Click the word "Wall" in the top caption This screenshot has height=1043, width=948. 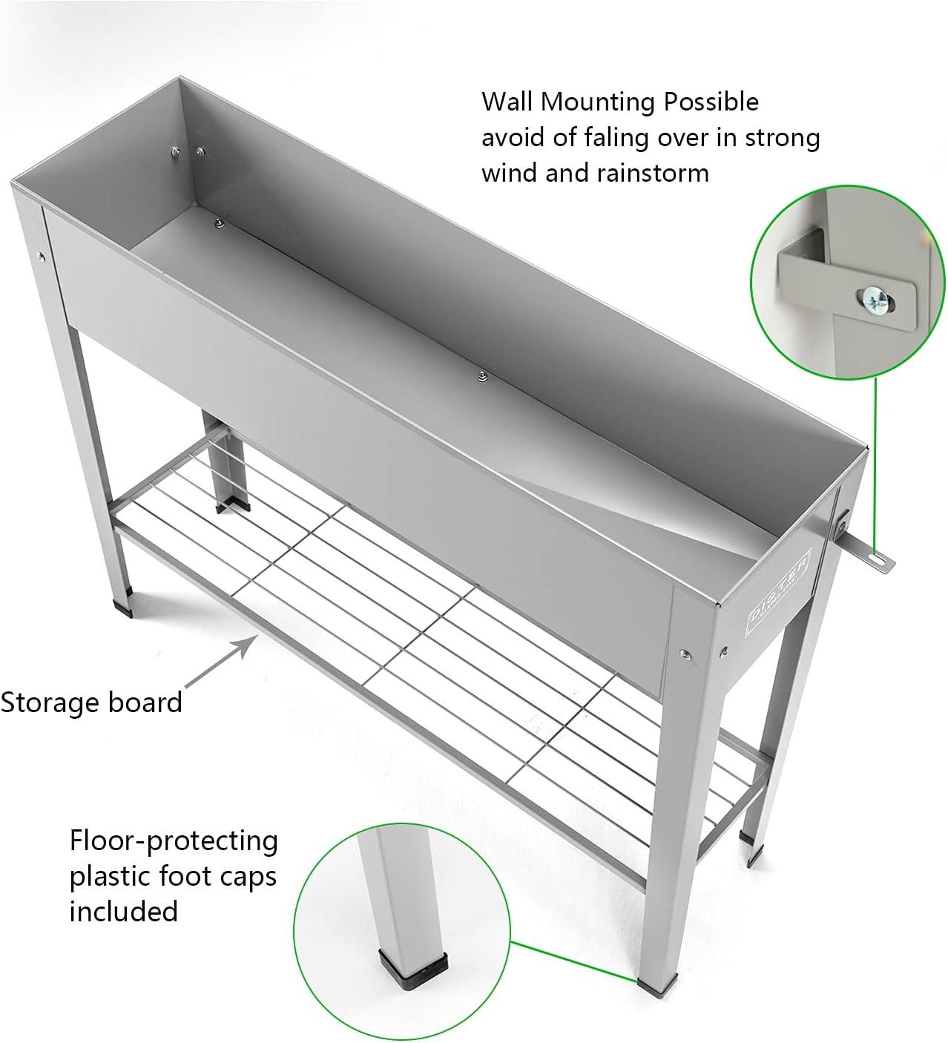[507, 102]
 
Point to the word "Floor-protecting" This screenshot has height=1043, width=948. [174, 841]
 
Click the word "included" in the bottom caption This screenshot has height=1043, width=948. [123, 911]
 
